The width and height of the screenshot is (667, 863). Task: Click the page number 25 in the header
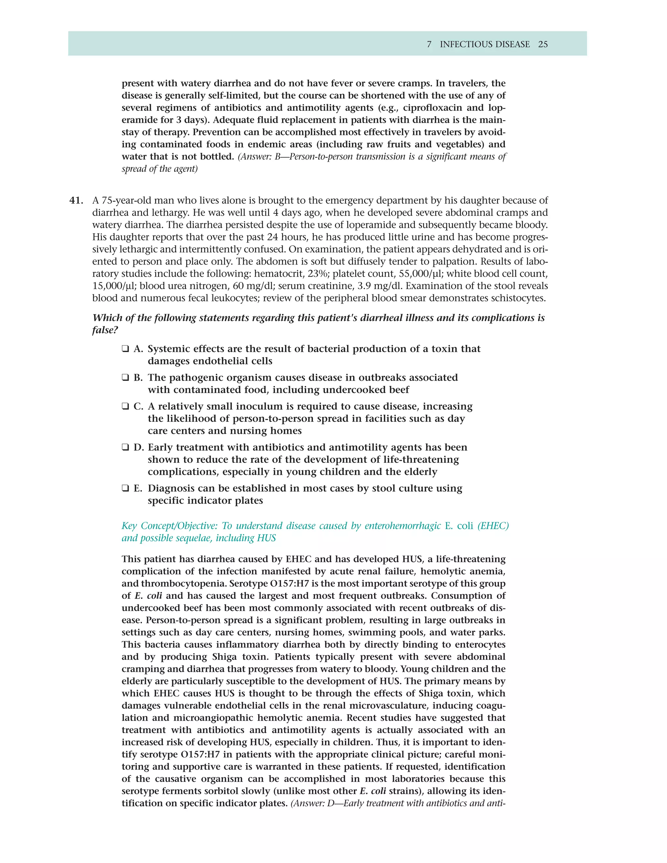pos(543,44)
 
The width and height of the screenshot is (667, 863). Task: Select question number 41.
pos(76,200)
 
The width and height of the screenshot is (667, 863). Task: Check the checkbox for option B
pos(125,378)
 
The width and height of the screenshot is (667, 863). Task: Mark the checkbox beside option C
pos(125,407)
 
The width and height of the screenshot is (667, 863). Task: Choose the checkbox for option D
pos(125,447)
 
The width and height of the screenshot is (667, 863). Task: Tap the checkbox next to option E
pos(125,488)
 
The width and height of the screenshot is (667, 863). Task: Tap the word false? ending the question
pos(105,330)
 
